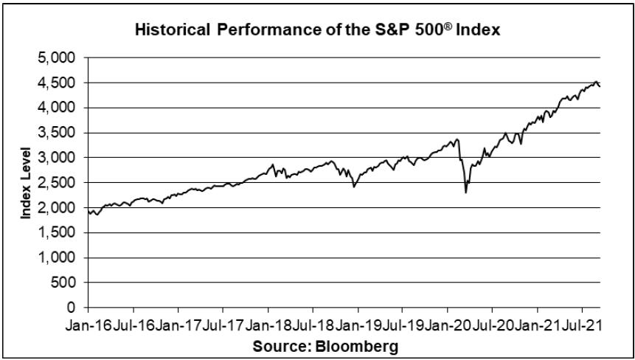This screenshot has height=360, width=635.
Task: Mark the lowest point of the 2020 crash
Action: pyautogui.click(x=465, y=193)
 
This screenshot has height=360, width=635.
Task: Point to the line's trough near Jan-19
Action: pyautogui.click(x=355, y=187)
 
